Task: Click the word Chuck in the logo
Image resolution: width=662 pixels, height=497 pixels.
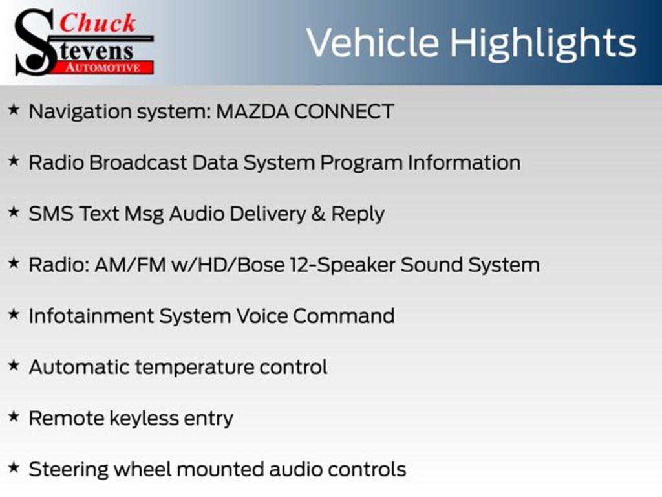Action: click(98, 23)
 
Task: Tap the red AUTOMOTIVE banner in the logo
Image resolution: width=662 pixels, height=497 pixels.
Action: click(104, 67)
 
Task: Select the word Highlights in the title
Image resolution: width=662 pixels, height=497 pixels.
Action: click(543, 44)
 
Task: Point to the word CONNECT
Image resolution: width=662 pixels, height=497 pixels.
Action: click(344, 111)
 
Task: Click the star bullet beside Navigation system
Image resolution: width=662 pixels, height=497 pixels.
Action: click(14, 110)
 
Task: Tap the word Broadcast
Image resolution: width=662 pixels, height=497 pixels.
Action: click(138, 162)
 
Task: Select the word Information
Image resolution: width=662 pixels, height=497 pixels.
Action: click(464, 162)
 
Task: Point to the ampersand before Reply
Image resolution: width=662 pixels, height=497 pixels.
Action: click(318, 214)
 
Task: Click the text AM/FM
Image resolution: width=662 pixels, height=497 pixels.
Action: click(131, 265)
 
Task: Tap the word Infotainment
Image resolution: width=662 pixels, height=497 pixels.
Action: click(91, 316)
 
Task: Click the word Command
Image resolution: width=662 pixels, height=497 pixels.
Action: click(344, 316)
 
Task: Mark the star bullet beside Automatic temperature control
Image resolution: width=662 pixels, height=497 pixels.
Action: click(14, 365)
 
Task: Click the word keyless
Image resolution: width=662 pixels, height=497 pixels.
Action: click(144, 419)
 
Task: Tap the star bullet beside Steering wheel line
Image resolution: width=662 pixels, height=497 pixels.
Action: click(14, 467)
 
